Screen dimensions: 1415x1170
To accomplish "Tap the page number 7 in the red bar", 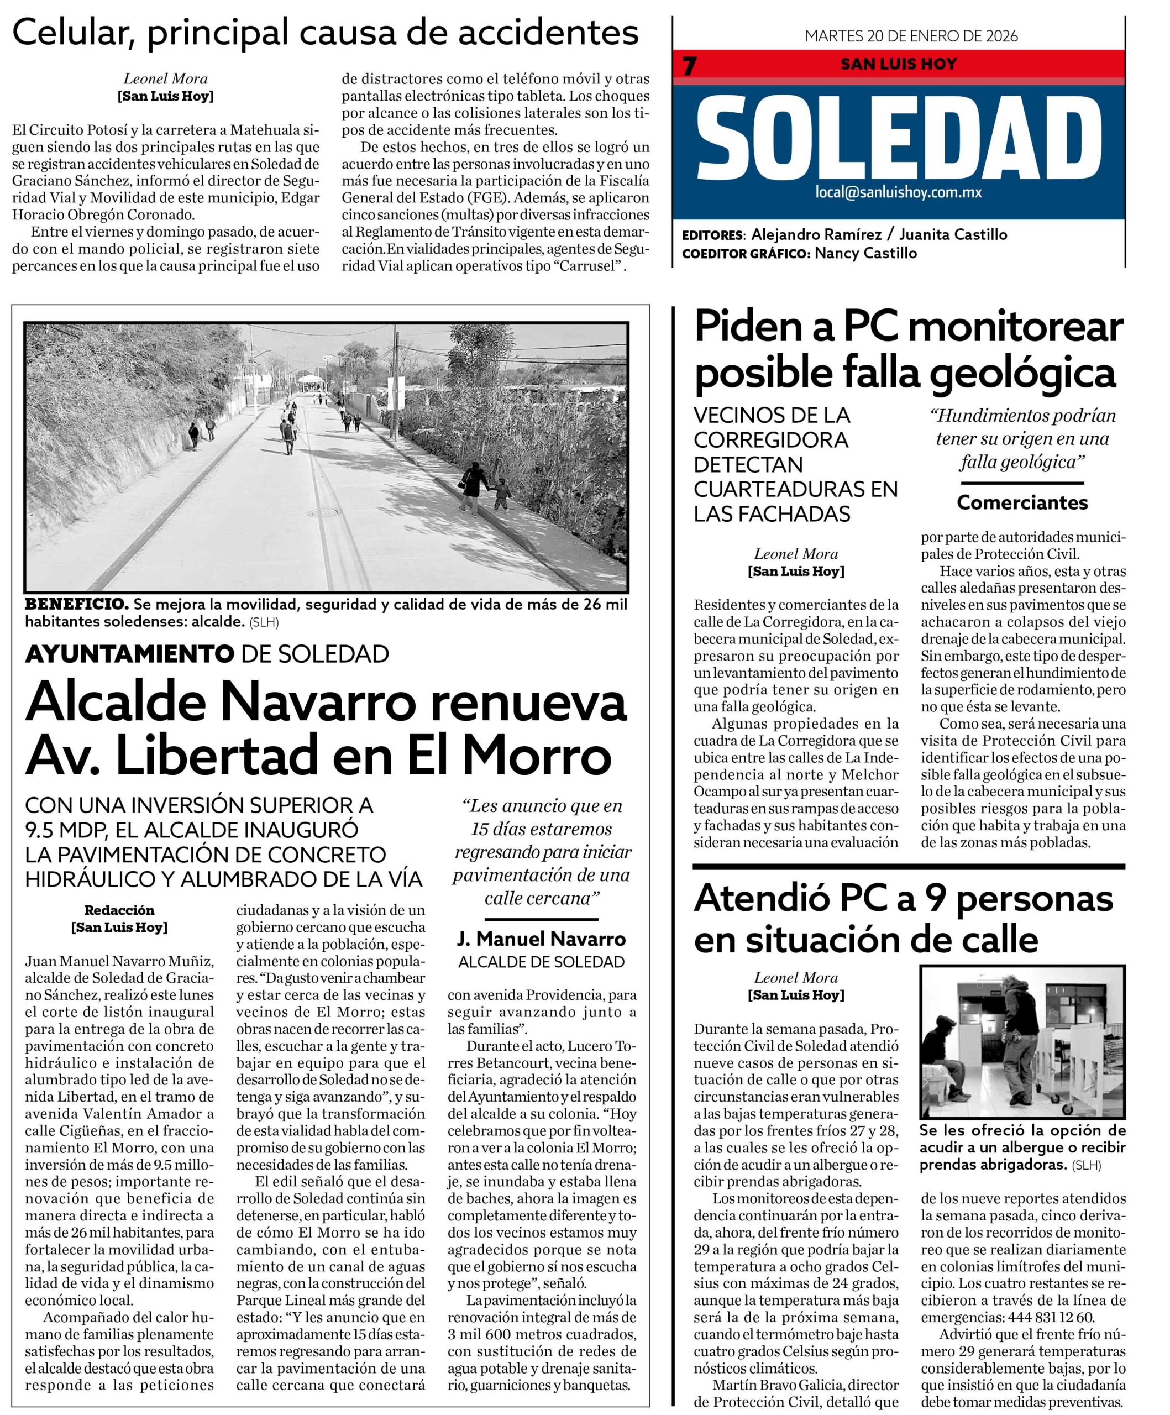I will point(689,66).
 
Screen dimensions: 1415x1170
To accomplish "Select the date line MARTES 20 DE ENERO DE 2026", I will point(911,36).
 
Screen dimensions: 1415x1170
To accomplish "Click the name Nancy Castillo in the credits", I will point(865,253).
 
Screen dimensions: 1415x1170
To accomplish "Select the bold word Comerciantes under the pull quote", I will point(1022,502).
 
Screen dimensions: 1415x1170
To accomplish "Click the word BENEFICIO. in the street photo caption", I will point(76,604).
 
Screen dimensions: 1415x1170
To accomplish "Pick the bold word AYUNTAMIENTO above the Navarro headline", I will point(129,653).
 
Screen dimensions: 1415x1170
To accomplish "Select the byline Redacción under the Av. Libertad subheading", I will point(119,910).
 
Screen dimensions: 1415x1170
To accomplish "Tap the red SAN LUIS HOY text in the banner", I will point(898,65).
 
